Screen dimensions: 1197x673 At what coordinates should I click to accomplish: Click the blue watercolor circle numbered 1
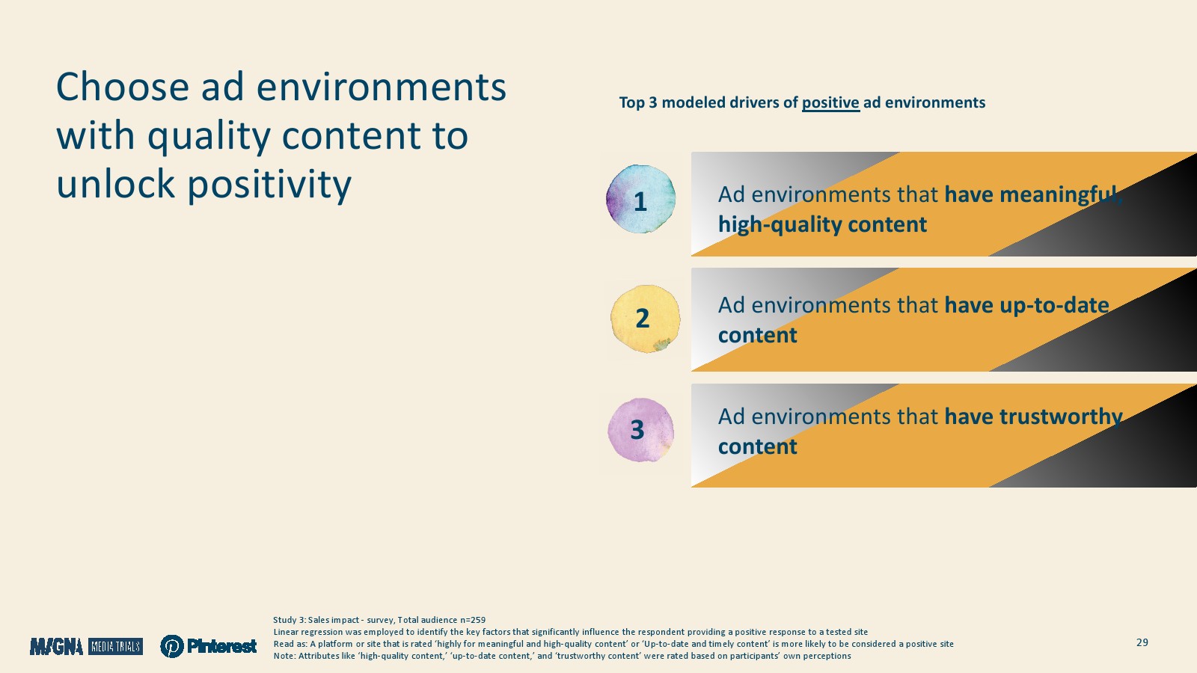click(640, 199)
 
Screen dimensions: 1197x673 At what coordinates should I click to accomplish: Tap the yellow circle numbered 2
click(646, 319)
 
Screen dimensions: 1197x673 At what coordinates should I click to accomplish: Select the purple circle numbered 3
click(640, 430)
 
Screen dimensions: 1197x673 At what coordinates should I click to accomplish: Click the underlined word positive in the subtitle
click(830, 102)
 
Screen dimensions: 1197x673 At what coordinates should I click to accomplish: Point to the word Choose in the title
click(123, 87)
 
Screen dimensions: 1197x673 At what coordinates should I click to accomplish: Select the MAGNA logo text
click(57, 647)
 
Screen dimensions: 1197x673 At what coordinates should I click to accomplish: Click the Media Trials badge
click(115, 647)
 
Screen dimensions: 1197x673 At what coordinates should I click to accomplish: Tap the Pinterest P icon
click(172, 646)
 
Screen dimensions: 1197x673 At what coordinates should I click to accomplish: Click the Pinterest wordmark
click(221, 646)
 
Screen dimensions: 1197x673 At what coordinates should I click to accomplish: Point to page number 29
click(1142, 642)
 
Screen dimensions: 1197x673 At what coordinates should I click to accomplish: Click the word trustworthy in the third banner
click(1061, 417)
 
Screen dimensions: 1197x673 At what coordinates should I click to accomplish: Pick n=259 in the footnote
click(472, 620)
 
